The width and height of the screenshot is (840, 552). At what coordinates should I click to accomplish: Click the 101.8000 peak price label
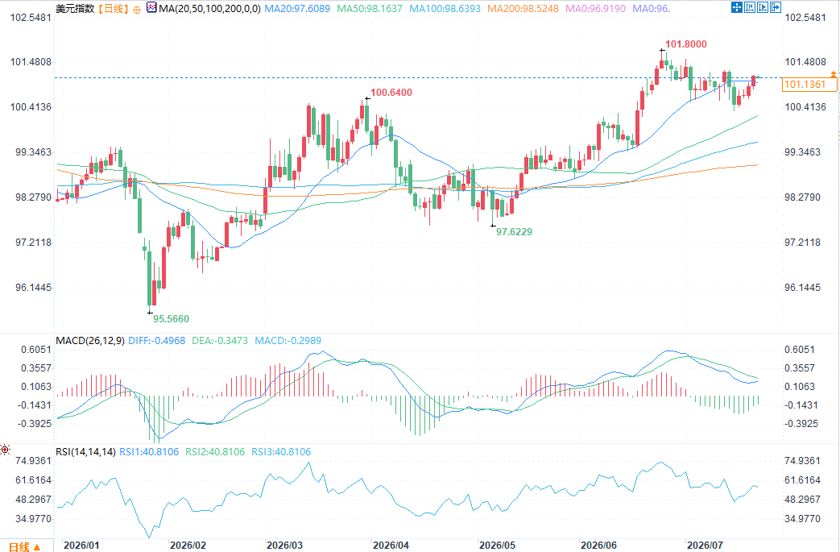pos(685,44)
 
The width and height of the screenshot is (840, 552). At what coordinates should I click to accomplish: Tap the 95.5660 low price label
pos(171,319)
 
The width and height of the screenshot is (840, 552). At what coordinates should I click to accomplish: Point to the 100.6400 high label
pos(391,93)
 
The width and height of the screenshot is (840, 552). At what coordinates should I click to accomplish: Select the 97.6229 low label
pos(514,232)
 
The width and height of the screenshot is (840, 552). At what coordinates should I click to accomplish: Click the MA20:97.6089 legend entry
pos(297,9)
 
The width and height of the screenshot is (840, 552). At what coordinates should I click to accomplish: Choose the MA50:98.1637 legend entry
pos(370,9)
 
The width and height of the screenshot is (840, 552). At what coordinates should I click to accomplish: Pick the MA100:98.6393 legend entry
pos(445,9)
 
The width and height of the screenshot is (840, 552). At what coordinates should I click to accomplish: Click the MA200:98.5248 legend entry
pos(523,9)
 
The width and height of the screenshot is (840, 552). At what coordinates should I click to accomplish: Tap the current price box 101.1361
pos(809,84)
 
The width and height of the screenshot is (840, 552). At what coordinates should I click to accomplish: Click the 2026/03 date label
pos(284,546)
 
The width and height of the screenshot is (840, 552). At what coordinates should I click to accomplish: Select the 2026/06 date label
pos(598,546)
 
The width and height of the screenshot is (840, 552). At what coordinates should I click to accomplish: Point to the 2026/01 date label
pos(81,546)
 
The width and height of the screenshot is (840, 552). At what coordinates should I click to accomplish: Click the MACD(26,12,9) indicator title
pos(90,341)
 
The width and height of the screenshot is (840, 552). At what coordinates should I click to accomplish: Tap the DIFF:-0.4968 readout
pos(156,341)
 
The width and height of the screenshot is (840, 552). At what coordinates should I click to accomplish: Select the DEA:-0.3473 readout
pos(220,341)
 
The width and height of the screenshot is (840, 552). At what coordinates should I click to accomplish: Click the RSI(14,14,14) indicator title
pos(85,452)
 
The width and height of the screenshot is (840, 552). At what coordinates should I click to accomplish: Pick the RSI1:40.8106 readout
pos(149,452)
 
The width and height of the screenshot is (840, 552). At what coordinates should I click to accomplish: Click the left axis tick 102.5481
pos(31,18)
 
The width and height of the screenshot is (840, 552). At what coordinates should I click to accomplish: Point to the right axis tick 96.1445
pos(802,288)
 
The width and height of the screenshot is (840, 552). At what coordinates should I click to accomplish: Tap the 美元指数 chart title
pos(75,9)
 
